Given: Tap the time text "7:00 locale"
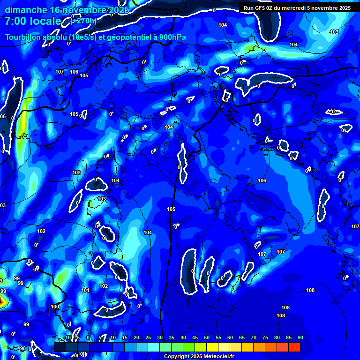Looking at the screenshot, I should pyautogui.click(x=33, y=22).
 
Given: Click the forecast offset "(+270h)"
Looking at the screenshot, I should pyautogui.click(x=83, y=21).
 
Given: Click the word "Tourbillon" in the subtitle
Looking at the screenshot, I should pyautogui.click(x=23, y=37).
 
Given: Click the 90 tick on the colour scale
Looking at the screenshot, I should pyautogui.click(x=300, y=337).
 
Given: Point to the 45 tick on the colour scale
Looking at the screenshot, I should pyautogui.click(x=195, y=337).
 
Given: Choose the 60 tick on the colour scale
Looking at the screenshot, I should pyautogui.click(x=230, y=337).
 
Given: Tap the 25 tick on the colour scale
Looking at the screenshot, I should pyautogui.click(x=148, y=337).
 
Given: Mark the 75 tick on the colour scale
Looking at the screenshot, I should pyautogui.click(x=265, y=337).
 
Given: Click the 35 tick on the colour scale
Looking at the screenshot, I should pyautogui.click(x=171, y=337).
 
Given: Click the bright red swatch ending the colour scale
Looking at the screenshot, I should pyautogui.click(x=294, y=347).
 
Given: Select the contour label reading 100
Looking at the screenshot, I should pyautogui.click(x=55, y=307).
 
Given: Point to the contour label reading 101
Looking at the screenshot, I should pyautogui.click(x=85, y=291).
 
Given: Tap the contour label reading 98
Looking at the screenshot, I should pyautogui.click(x=23, y=349).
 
